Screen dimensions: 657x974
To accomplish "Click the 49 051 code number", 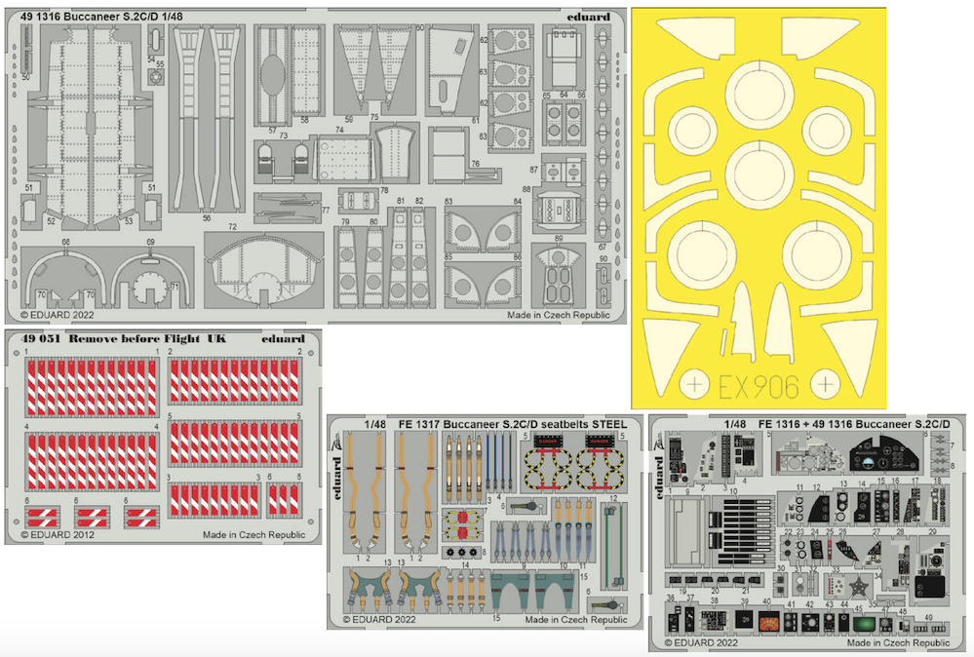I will [x=37, y=339].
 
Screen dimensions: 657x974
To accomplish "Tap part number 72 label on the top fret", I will [x=233, y=227].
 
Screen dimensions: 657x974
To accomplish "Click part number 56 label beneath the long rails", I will [x=207, y=218].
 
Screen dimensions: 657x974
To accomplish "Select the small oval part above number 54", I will [x=152, y=46].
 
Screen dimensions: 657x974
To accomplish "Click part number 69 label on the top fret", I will [x=151, y=242].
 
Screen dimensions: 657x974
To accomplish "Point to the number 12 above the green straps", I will [x=612, y=498].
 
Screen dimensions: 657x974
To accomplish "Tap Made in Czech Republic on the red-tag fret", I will [x=253, y=535].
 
